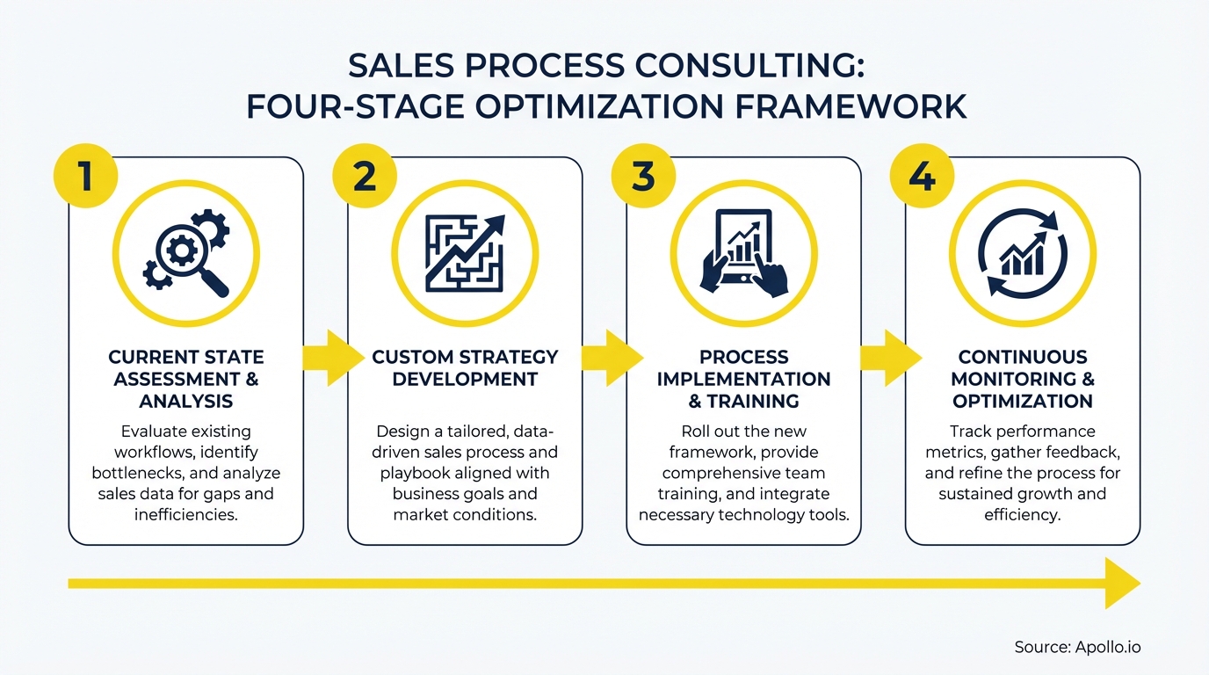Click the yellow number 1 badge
[86, 176]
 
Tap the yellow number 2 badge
[364, 176]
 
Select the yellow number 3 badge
[643, 176]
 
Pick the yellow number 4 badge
[922, 176]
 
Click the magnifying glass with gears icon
[186, 253]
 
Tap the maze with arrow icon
[465, 253]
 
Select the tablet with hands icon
[743, 253]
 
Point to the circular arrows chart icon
[1023, 253]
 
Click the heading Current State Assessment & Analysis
[186, 379]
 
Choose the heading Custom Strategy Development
[465, 368]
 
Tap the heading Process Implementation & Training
[743, 379]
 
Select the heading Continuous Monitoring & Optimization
[1023, 379]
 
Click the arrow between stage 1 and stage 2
[331, 358]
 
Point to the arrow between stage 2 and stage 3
[610, 358]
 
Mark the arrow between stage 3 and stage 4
[889, 358]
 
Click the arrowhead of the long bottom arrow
[1123, 584]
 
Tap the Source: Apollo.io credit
[1077, 647]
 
